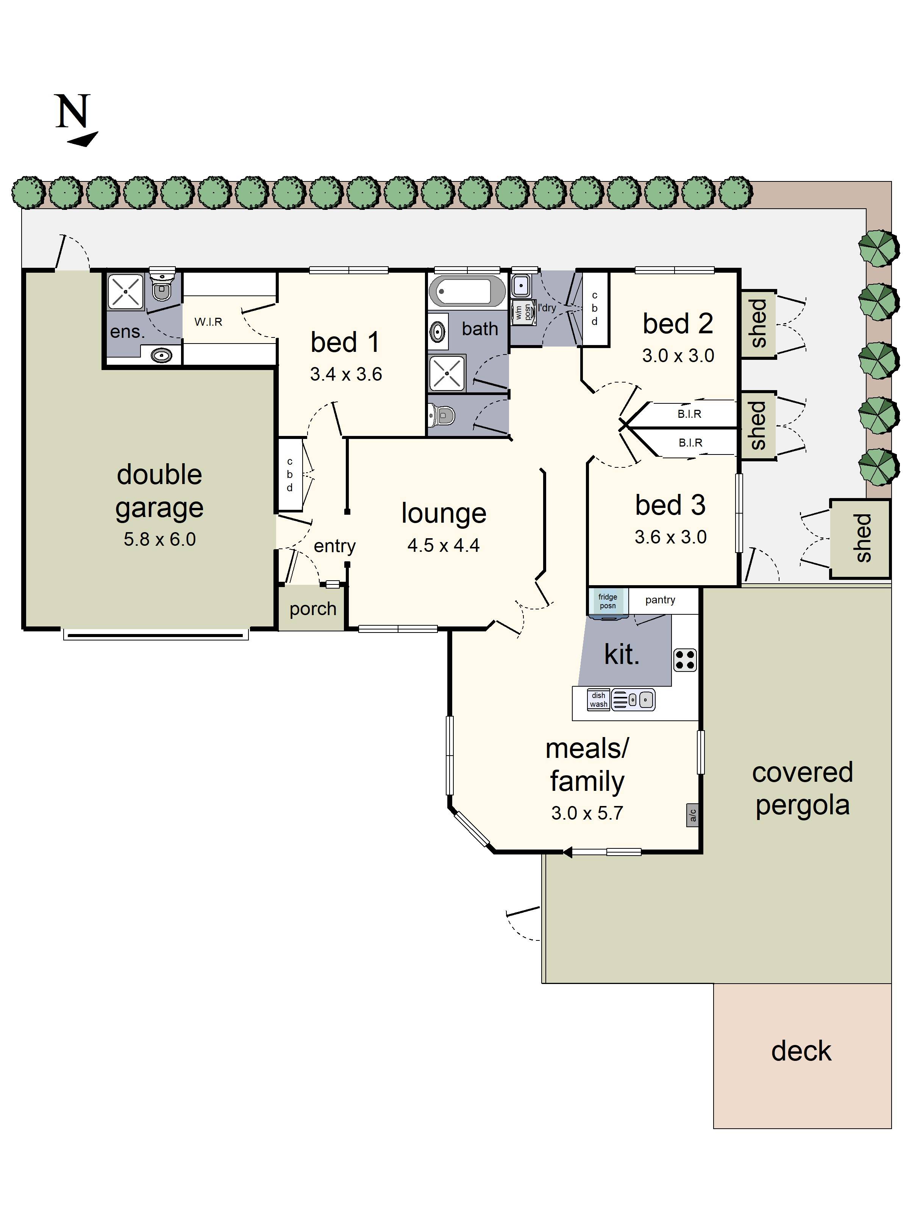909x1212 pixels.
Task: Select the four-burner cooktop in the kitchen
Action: pyautogui.click(x=684, y=660)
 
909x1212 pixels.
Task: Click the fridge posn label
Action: pyautogui.click(x=607, y=601)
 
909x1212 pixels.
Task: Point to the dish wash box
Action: pyautogui.click(x=598, y=700)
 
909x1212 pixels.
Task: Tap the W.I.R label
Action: pyautogui.click(x=208, y=322)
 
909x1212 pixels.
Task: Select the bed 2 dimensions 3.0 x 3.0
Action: pyautogui.click(x=678, y=356)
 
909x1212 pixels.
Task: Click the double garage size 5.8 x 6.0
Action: pyautogui.click(x=159, y=539)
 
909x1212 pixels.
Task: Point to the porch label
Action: pyautogui.click(x=312, y=609)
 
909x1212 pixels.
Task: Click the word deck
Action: pyautogui.click(x=801, y=1051)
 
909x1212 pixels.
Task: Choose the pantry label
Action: pyautogui.click(x=660, y=600)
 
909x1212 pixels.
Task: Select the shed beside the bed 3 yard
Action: pyautogui.click(x=860, y=538)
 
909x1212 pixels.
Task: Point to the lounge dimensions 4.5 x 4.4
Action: pyautogui.click(x=443, y=545)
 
